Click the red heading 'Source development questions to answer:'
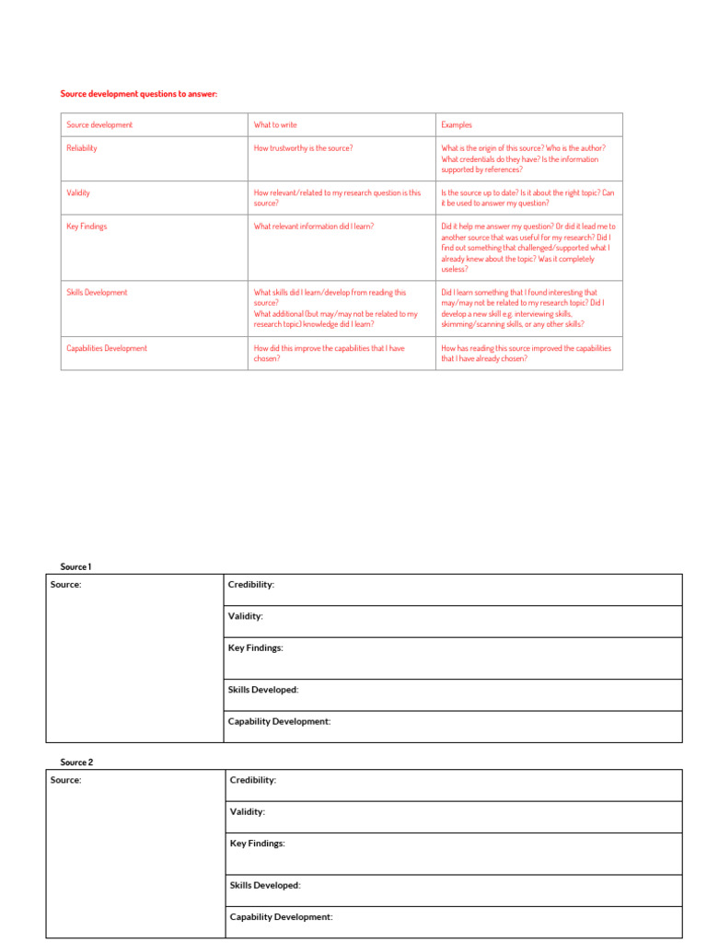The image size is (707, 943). click(x=139, y=94)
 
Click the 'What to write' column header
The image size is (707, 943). click(x=275, y=125)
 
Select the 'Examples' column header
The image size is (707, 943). click(x=457, y=125)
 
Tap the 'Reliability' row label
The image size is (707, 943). click(x=82, y=148)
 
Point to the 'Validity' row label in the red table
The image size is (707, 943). click(x=78, y=193)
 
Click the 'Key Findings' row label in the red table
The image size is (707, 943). click(x=87, y=227)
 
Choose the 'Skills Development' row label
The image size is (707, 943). click(x=97, y=293)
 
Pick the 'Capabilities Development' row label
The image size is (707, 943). click(x=107, y=349)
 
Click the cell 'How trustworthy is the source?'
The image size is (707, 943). click(x=303, y=148)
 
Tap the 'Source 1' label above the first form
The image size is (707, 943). click(x=76, y=567)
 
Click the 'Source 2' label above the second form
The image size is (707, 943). click(x=76, y=763)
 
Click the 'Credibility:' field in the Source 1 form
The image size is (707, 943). click(x=250, y=585)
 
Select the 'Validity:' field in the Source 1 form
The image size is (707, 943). click(x=245, y=616)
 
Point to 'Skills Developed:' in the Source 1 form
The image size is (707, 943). click(x=263, y=690)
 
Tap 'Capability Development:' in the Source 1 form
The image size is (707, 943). click(x=279, y=722)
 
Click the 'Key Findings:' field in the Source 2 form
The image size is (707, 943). click(x=257, y=844)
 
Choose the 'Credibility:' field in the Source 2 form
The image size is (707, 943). click(x=252, y=780)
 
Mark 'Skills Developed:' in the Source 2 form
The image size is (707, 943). click(x=265, y=886)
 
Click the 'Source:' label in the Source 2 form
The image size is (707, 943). click(x=65, y=780)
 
